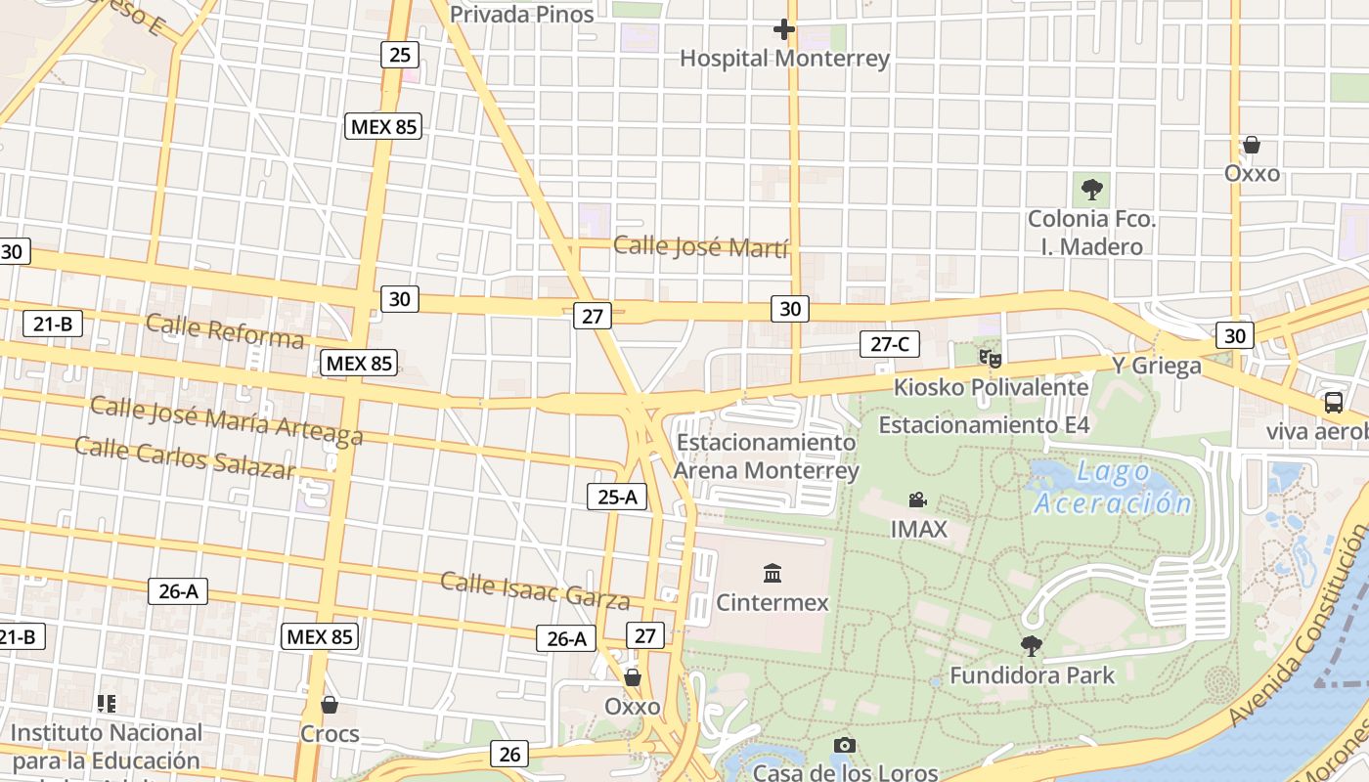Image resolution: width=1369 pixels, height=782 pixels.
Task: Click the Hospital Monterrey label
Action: [784, 59]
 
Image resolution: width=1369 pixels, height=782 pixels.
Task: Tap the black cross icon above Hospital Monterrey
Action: [784, 29]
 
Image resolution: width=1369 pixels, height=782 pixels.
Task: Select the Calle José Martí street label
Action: [700, 246]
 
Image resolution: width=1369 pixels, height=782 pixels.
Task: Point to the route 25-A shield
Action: [617, 497]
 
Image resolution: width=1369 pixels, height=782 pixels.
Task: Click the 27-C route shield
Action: [890, 344]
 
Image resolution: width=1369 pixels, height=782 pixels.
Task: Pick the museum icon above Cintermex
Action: [773, 573]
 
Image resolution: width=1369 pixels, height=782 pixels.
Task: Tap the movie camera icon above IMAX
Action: [917, 500]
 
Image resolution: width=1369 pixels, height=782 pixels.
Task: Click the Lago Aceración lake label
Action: [1113, 489]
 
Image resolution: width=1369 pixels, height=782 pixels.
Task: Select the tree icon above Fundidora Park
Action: [1031, 645]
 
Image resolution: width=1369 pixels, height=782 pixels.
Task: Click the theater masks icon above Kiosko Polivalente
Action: [991, 359]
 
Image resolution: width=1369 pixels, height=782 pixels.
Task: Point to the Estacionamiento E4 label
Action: [984, 425]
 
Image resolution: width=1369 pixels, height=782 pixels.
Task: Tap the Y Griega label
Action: [1157, 367]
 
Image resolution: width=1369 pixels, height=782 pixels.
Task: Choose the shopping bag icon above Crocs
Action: [330, 705]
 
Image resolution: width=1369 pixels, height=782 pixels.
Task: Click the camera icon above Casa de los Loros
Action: [845, 746]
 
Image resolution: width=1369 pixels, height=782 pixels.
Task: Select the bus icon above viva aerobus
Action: [1333, 402]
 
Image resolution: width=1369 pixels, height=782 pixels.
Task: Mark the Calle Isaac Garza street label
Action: [535, 589]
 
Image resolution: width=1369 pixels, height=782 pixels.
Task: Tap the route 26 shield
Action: [509, 754]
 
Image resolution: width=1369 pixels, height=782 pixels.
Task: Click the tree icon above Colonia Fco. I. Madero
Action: [1091, 190]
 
